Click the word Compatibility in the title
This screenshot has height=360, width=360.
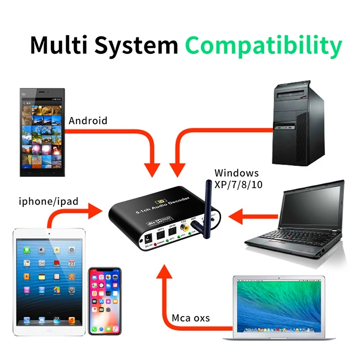263,45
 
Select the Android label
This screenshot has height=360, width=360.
88,121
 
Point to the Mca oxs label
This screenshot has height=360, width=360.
191,318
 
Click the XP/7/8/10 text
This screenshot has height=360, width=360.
237,184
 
